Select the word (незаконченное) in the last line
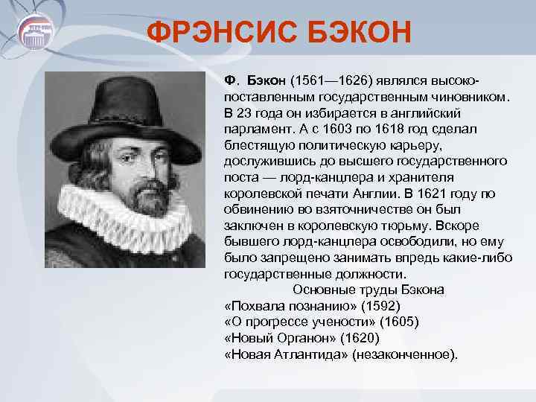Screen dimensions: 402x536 (x=405, y=354)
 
